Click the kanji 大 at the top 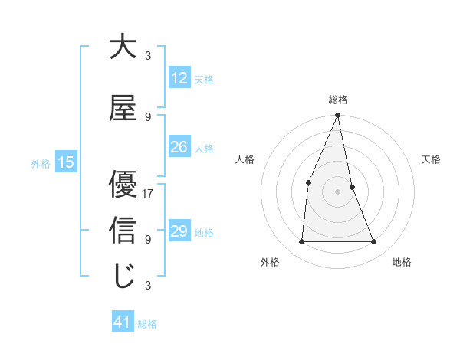123,47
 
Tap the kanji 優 123,184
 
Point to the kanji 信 123,230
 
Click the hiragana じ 123,276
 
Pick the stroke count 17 148,194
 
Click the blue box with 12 179,79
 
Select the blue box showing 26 179,148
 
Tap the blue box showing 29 179,232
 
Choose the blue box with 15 65,162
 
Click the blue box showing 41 123,323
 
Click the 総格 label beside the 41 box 147,324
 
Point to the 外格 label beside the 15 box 41,163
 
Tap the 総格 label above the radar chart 337,100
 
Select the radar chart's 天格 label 431,159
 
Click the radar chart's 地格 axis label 402,263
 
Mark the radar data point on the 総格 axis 337,116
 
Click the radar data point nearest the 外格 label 301,242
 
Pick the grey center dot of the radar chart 337,191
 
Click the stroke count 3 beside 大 148,56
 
